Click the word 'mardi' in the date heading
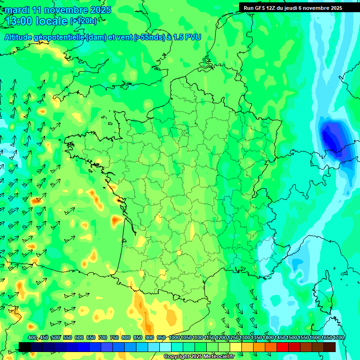point(17,9)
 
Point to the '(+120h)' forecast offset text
point(83,21)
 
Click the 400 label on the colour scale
point(32,338)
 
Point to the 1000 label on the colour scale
point(174,338)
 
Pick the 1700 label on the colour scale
point(338,338)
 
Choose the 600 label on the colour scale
point(79,338)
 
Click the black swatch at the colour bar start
point(25,347)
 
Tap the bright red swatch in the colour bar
point(283,347)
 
